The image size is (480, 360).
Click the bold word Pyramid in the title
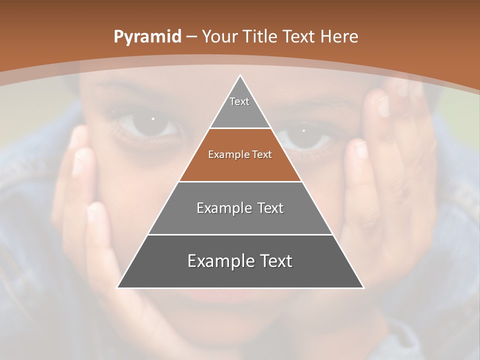coord(147,37)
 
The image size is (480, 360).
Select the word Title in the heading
coord(259,37)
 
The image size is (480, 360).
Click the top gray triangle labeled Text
coord(240,107)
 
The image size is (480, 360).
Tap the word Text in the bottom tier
coord(272,261)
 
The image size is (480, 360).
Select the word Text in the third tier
coord(267,208)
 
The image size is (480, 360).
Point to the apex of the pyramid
coord(240,76)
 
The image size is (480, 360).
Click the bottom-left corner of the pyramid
coord(118,287)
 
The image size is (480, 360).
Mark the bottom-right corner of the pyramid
coord(362,287)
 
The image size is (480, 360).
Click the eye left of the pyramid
coord(151,124)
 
